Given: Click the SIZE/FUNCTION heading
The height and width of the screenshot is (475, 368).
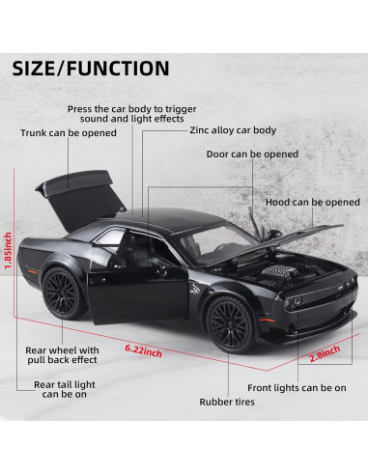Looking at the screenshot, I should coord(92,68).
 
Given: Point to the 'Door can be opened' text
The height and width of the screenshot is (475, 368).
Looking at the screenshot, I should coord(252,154).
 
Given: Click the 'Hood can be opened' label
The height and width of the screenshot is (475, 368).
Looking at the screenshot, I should coord(312,202).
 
